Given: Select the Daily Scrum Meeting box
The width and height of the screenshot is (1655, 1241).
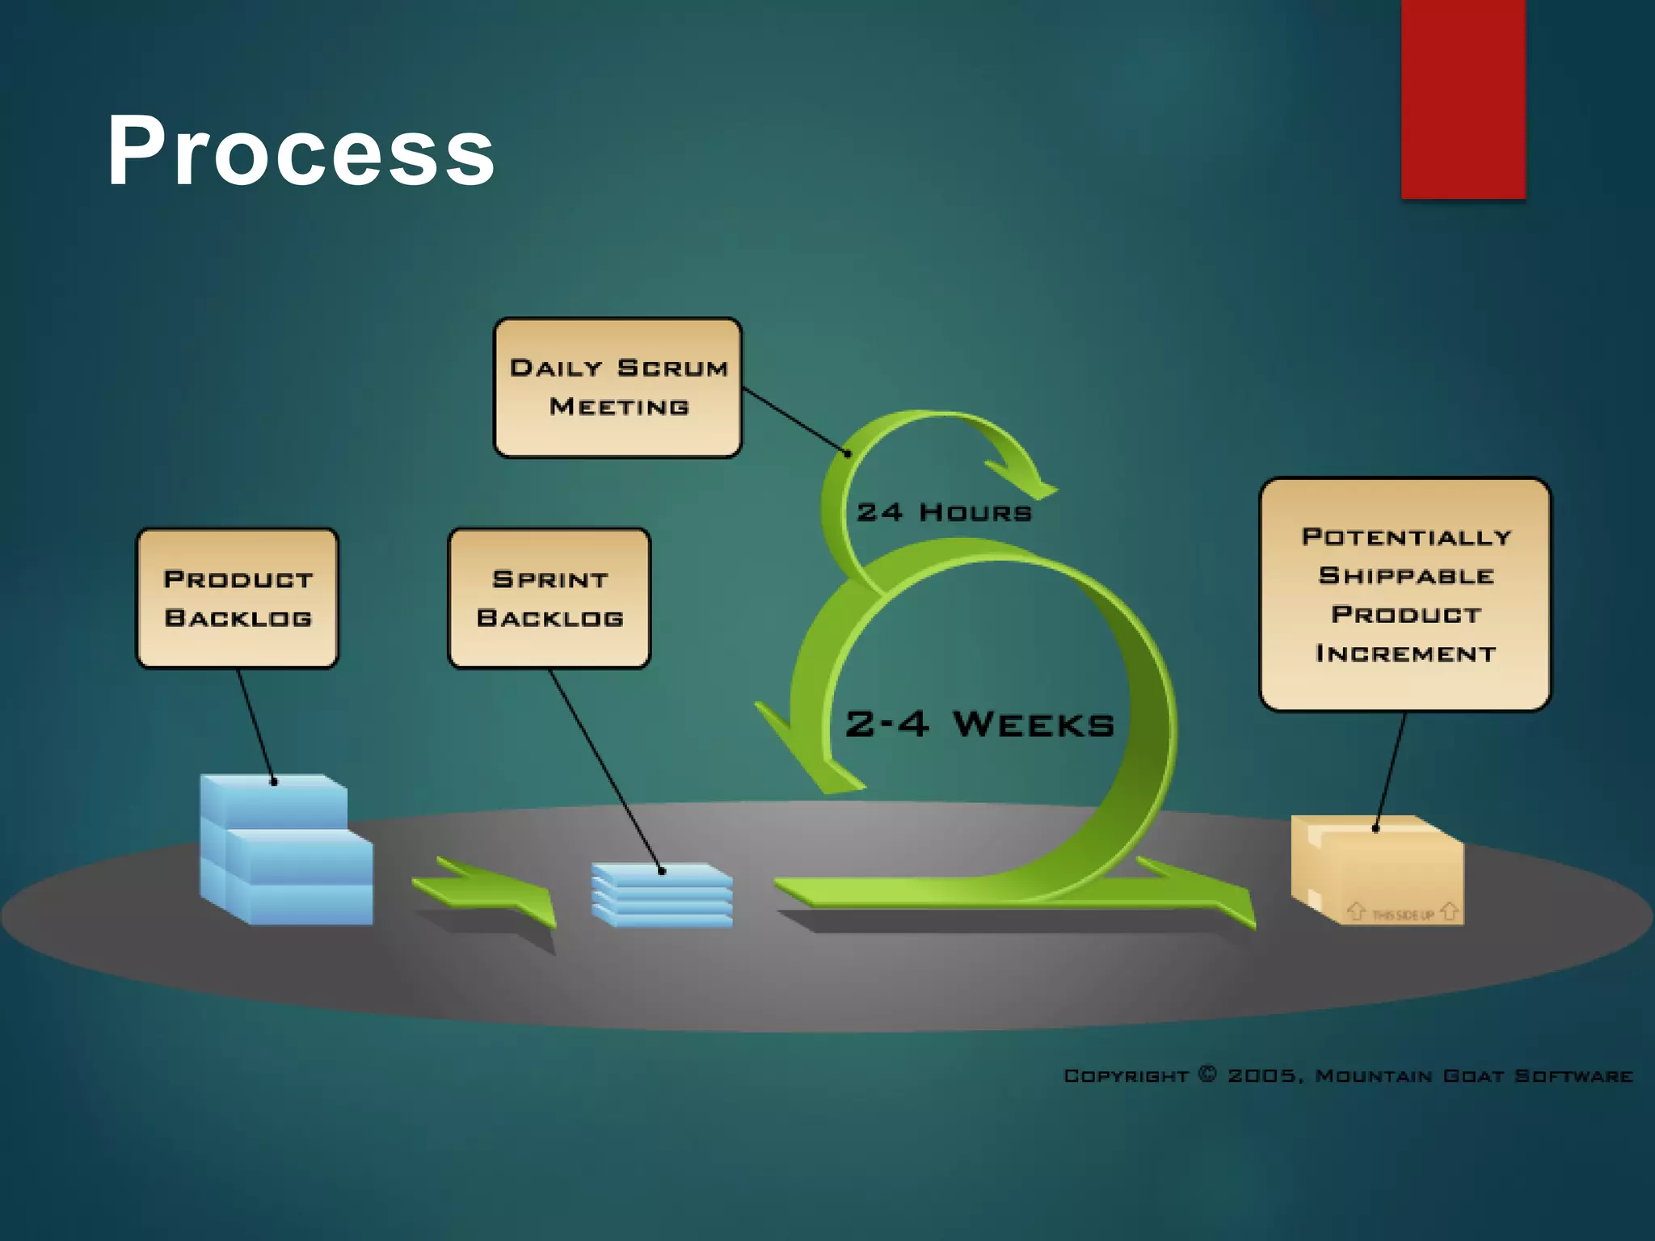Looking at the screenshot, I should click(617, 388).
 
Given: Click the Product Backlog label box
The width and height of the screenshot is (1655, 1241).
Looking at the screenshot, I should click(238, 599).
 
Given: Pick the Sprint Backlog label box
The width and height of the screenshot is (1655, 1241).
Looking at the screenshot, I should click(550, 599).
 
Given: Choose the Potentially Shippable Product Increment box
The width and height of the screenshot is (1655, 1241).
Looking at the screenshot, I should click(1405, 595).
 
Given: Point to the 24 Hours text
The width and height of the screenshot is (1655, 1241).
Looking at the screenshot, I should click(944, 512).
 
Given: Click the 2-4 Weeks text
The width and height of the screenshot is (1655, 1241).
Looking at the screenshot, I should click(979, 724).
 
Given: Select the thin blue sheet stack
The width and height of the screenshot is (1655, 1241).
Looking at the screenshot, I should click(663, 895).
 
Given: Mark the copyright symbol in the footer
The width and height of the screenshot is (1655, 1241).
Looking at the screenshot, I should click(1207, 1074).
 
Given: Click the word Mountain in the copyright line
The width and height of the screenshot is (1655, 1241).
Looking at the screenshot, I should click(1373, 1076).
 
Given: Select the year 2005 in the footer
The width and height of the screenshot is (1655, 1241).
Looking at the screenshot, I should click(1262, 1076).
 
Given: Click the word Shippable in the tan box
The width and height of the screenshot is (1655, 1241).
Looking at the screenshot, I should click(1406, 576).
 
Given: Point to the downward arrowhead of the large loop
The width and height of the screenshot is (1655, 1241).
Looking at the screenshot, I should click(808, 759).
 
